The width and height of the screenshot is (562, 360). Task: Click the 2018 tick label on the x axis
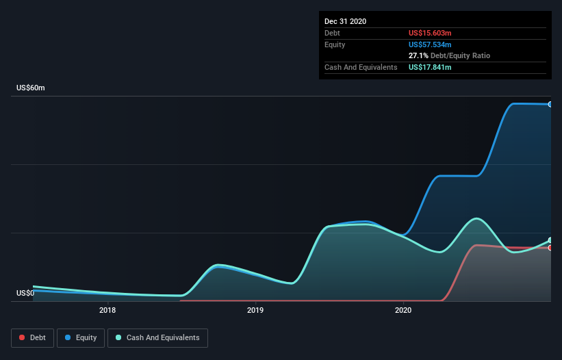(x=107, y=311)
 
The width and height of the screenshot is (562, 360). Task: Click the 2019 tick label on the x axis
(x=255, y=311)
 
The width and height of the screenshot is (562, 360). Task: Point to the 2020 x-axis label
(x=403, y=311)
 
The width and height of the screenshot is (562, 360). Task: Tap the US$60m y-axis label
(x=31, y=88)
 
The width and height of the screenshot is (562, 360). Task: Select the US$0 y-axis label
(x=25, y=294)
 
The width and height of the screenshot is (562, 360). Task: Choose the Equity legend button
(x=81, y=337)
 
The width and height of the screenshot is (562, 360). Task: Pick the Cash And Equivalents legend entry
(x=157, y=337)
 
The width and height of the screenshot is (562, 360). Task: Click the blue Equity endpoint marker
(x=550, y=104)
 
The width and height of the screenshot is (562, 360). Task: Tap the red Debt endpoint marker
(x=550, y=248)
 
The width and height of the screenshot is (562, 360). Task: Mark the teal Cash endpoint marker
(x=550, y=240)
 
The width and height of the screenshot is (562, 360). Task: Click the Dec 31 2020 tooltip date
(x=346, y=21)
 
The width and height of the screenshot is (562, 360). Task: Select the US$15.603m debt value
(x=430, y=33)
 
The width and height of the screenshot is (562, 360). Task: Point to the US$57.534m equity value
(x=430, y=44)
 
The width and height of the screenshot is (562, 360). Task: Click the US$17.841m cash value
(x=430, y=67)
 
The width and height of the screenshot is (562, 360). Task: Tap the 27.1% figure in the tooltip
(x=418, y=55)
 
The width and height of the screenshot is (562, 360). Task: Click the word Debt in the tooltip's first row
(x=332, y=33)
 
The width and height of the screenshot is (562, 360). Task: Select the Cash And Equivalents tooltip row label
(x=361, y=67)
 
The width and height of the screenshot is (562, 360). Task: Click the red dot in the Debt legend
(x=23, y=337)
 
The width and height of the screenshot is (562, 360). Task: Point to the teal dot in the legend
(x=119, y=337)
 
